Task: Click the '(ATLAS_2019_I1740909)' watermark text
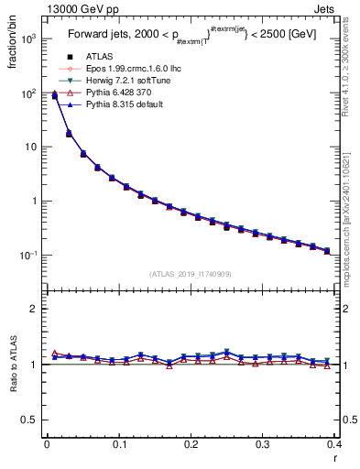(x=190, y=274)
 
